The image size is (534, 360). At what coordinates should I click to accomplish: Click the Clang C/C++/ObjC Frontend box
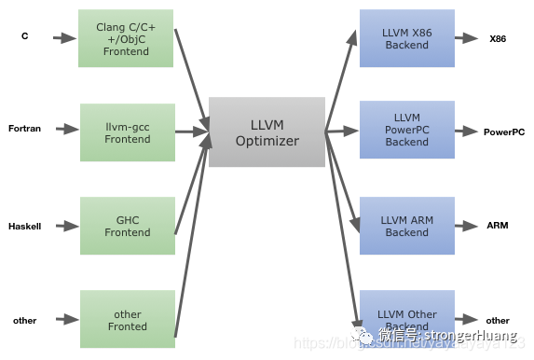[x=127, y=38]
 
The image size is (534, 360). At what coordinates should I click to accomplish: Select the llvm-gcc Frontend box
[x=127, y=132]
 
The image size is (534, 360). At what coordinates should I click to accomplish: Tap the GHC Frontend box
[x=127, y=225]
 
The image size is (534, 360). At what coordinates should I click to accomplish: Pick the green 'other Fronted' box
[x=127, y=319]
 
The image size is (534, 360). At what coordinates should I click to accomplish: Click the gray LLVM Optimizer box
[x=267, y=132]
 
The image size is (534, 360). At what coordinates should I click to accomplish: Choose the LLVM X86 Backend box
[x=406, y=38]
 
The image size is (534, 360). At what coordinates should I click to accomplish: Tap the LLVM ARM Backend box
[x=406, y=225]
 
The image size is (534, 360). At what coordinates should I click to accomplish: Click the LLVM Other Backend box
[x=406, y=320]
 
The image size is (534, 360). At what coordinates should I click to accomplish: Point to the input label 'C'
[x=25, y=37]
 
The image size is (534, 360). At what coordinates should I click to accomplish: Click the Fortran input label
[x=24, y=129]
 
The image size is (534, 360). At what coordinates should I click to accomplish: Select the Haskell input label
[x=24, y=227]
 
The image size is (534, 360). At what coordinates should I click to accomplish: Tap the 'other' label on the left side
[x=24, y=321]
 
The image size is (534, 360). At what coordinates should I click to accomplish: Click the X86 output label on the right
[x=497, y=38]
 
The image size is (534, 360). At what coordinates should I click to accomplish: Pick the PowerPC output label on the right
[x=503, y=132]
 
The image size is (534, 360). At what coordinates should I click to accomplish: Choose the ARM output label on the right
[x=497, y=226]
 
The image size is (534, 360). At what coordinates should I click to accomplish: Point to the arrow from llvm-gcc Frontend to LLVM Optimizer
[x=191, y=132]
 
